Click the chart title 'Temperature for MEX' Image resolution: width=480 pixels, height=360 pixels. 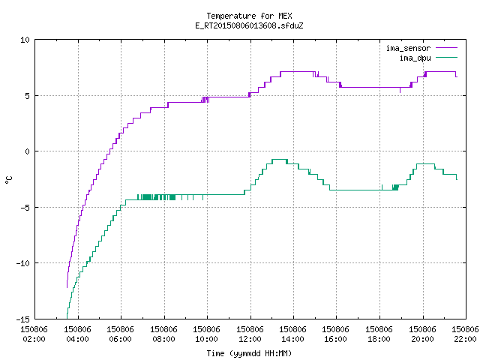coord(249,16)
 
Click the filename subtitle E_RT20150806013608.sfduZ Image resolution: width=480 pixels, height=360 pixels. coord(249,25)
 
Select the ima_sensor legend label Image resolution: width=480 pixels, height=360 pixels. coord(408,48)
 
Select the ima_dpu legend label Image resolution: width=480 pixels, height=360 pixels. coord(415,58)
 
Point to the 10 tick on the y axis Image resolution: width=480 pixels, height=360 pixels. coord(25,40)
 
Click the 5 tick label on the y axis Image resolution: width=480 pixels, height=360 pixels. coord(27,96)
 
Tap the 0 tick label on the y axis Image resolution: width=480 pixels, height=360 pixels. coord(27,151)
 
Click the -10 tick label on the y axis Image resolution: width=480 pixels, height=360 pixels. coord(23,263)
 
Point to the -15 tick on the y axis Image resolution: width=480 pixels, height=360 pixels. coord(23,319)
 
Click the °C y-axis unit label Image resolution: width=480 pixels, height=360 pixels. coord(8,179)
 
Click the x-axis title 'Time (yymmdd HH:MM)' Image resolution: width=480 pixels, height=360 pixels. coord(249,353)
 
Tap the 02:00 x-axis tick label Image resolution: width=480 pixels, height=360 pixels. coord(34,339)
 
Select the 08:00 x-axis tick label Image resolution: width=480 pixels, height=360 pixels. coord(163,339)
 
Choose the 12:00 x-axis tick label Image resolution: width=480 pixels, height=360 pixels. coord(250,339)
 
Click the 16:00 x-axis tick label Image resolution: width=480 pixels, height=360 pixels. coord(336,339)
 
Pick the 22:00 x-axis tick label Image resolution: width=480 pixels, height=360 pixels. coord(465,339)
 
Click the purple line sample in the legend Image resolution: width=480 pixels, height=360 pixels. coord(446,48)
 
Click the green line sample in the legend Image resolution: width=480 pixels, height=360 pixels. coord(446,58)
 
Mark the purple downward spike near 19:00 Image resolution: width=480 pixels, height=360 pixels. coord(400,90)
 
